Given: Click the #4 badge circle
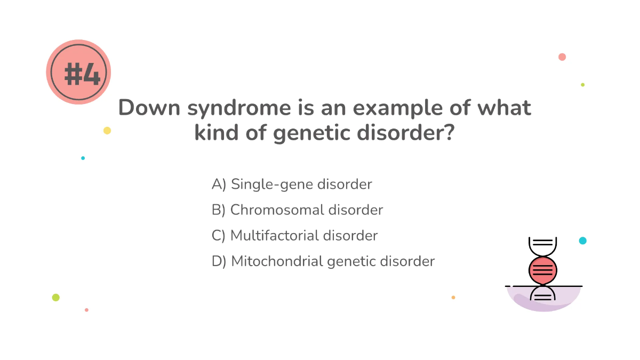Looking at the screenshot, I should point(78,72).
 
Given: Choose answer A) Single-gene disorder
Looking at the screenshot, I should point(292,185).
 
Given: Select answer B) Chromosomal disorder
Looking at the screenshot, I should point(297,210).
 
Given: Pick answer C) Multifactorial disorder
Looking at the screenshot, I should point(294,236).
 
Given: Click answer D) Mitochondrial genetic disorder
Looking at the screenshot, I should point(323,261).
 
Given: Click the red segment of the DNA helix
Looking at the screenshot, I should point(543,270).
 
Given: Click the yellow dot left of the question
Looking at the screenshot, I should point(107,131).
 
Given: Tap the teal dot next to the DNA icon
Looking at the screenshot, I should point(583,241).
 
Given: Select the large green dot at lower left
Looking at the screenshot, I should point(56,298).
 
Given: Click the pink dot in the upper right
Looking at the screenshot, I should point(562,57).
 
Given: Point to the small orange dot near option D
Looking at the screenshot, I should point(453,298).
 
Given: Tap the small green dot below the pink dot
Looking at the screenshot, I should point(582,85).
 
